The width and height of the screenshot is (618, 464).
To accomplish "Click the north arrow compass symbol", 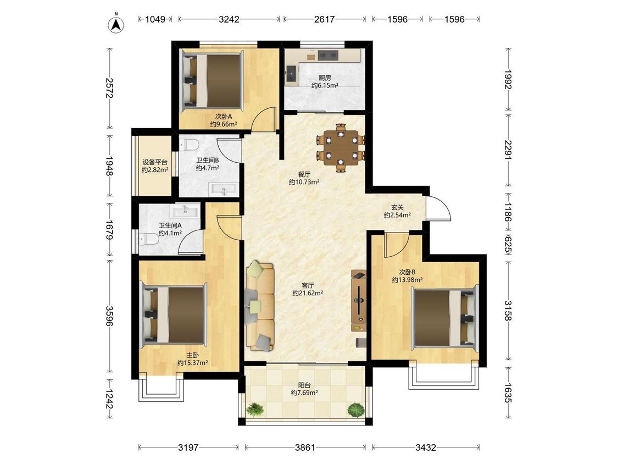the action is [x=116, y=24].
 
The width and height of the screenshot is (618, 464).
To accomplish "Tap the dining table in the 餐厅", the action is [x=341, y=148].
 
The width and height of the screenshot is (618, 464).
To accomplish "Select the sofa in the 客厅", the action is [x=260, y=305].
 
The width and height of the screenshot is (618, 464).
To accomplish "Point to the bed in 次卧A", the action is [x=212, y=81].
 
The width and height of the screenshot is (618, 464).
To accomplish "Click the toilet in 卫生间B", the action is [x=189, y=145].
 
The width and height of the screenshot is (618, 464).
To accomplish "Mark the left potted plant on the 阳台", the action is [x=255, y=409].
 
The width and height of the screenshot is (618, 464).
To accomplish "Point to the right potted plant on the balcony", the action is [x=356, y=410].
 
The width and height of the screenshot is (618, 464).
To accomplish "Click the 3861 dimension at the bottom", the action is [x=305, y=448].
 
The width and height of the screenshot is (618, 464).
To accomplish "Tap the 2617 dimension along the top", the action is [x=324, y=19].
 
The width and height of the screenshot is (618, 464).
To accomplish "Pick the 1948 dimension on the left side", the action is [x=109, y=166].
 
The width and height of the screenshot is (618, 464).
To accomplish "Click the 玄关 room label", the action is [x=397, y=208].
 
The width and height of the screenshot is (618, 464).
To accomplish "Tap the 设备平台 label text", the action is [x=155, y=162].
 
